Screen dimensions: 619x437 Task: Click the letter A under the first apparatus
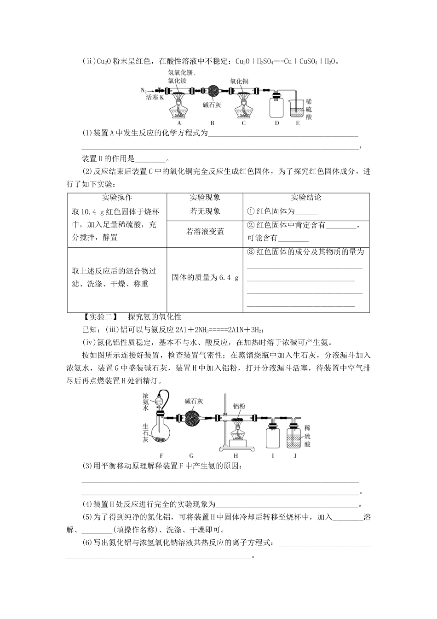click(178, 123)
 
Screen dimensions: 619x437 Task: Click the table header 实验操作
click(117, 198)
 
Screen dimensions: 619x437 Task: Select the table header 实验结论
click(306, 198)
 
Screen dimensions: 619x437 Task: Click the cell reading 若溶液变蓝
click(205, 232)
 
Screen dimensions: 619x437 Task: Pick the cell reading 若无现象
click(205, 211)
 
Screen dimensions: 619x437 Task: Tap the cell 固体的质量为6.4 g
click(205, 278)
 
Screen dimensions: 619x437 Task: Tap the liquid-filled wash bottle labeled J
click(294, 435)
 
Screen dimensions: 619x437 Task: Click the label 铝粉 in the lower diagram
click(239, 406)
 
